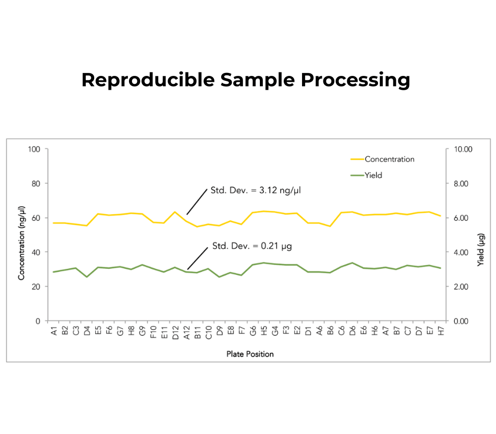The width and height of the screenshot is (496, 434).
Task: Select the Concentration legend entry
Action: (389, 159)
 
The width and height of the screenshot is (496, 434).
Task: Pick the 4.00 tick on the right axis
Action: (461, 252)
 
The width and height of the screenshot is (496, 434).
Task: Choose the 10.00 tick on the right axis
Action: (463, 149)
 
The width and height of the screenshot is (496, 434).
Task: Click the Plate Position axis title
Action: (250, 354)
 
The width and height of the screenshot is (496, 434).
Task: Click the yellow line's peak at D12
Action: (175, 212)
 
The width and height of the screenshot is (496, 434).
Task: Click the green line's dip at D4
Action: (87, 277)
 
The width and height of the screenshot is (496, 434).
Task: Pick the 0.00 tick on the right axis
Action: (461, 321)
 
